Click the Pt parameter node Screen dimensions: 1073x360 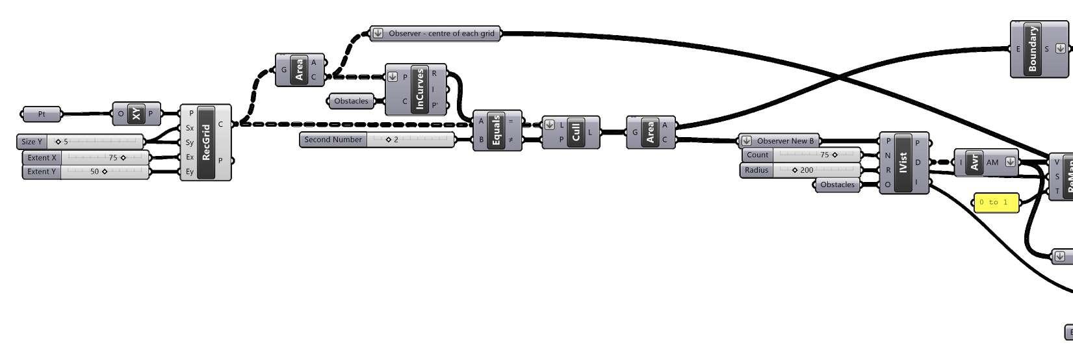click(x=42, y=114)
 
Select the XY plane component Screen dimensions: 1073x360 click(x=136, y=114)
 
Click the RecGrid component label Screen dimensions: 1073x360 click(x=207, y=142)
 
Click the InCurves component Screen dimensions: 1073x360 click(x=420, y=90)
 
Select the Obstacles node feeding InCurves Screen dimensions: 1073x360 click(x=351, y=101)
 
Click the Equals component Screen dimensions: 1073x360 click(x=497, y=131)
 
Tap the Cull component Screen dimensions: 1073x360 click(x=575, y=133)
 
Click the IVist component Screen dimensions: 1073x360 click(x=903, y=162)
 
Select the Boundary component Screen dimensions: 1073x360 click(x=1033, y=49)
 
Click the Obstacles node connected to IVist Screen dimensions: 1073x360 click(x=837, y=185)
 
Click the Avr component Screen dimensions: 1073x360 click(x=974, y=162)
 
